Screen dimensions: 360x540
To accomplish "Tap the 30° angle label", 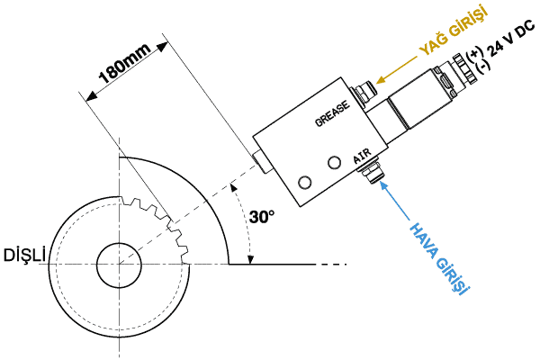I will click(262, 217).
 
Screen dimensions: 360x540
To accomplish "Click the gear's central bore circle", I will click(116, 262).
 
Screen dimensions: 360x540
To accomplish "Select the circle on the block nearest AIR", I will click(335, 162).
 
